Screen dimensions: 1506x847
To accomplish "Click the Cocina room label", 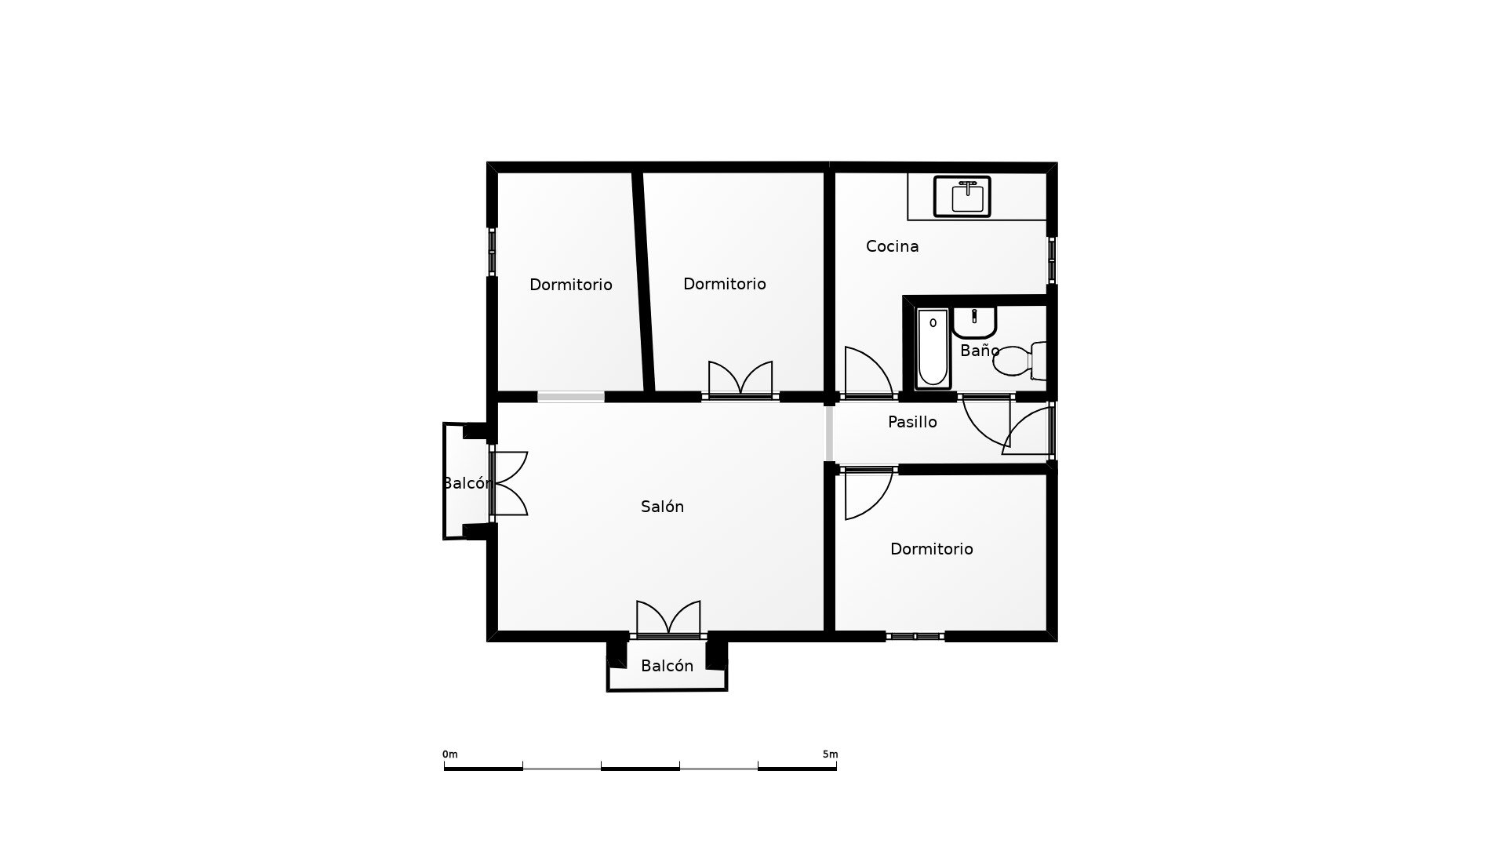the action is pos(892,246).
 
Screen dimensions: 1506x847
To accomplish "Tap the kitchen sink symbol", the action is pos(962,196).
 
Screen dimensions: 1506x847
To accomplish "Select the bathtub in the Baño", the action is pos(933,348).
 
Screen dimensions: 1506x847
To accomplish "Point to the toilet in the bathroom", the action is pos(1020,361).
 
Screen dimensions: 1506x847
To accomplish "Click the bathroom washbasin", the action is pos(974,322).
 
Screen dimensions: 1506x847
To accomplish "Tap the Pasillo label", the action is pos(912,422).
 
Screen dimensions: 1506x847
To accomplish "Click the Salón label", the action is pos(662,507).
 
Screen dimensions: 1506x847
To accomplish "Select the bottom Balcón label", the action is pos(667,666).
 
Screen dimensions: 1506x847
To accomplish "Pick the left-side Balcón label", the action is pos(467,483).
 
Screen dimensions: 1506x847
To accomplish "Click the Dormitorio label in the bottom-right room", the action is pos(931,549).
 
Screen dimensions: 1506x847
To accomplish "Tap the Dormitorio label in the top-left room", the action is pos(570,285).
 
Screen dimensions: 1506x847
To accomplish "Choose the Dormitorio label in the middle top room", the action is pos(724,284).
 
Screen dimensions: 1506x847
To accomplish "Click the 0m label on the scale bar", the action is pos(449,754).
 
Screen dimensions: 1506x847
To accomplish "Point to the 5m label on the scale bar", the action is pos(830,754).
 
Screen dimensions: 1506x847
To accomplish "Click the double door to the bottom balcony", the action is pos(668,619).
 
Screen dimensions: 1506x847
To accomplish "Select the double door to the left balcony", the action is pos(509,483).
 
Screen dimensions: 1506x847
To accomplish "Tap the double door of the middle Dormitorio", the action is pos(740,380).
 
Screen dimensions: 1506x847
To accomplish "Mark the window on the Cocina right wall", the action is pos(1052,260).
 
